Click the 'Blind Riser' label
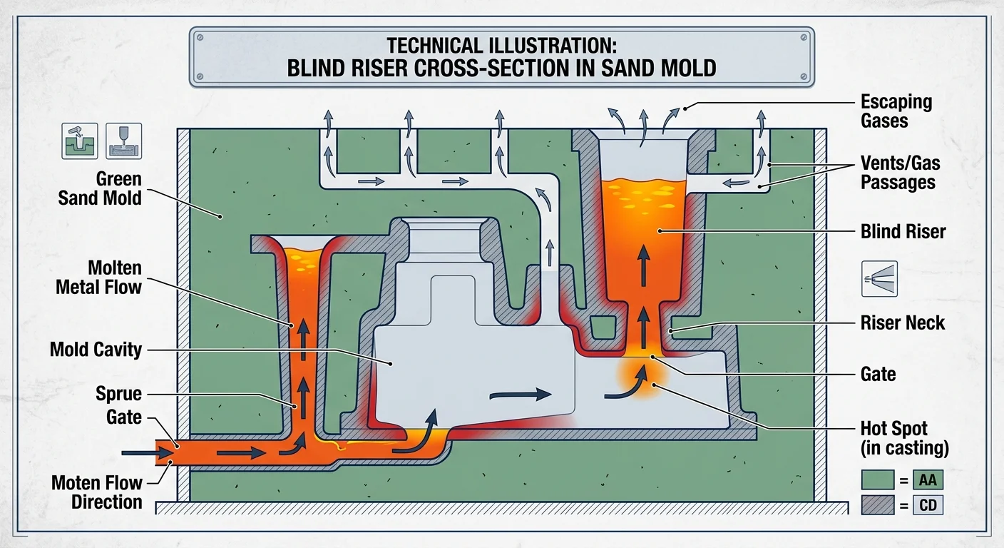[903, 231]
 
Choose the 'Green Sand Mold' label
[100, 188]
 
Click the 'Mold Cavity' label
[96, 350]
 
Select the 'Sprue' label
[118, 394]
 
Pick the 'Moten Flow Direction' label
[97, 492]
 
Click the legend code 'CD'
[928, 506]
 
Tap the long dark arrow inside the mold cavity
[521, 393]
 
